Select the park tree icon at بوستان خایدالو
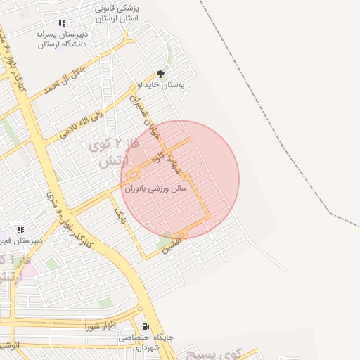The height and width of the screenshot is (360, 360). coord(160,73)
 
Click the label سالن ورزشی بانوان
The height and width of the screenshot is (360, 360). coord(156,189)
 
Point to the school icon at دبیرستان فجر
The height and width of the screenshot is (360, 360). coord(20,230)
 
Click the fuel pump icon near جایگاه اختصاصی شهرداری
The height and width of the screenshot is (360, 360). coord(146,326)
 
